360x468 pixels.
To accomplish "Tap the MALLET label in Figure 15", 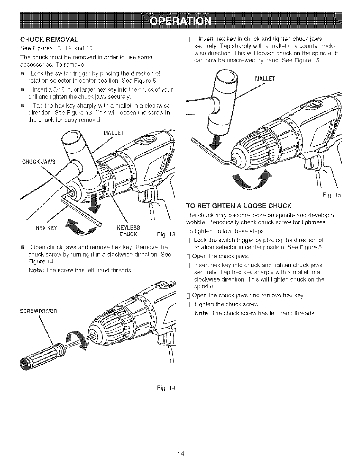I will click(x=265, y=79).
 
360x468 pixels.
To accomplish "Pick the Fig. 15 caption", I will click(x=331, y=196).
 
